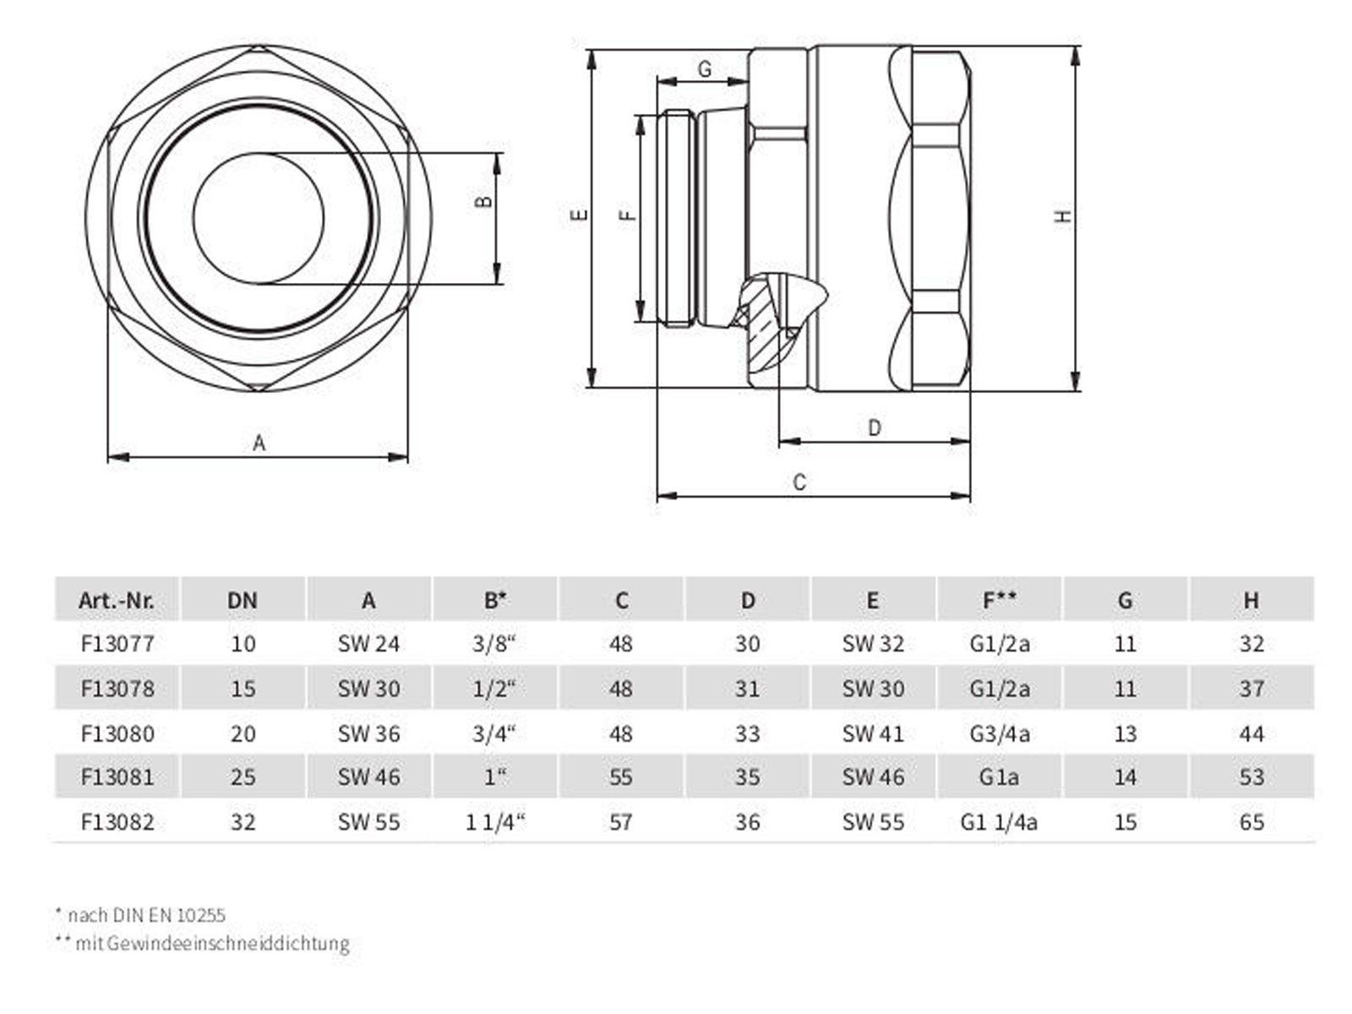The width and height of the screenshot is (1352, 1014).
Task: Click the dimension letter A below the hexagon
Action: coord(259,442)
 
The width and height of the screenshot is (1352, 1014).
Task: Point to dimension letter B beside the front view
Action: coord(485,201)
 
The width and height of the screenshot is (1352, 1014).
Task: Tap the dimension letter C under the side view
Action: coord(799,482)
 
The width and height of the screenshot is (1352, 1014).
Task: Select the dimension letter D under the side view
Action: coord(874,428)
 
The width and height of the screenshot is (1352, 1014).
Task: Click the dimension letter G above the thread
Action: coord(705,69)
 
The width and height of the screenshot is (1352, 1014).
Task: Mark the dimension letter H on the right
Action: coord(1063,216)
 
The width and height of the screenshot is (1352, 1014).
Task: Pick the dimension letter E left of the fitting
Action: coord(579,215)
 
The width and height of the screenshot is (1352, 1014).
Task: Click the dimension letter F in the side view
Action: coord(627,215)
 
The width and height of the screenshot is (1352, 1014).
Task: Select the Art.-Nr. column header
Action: coord(117,600)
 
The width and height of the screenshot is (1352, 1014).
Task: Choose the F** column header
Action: coord(999,599)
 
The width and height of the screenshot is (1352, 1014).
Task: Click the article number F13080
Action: coord(117,733)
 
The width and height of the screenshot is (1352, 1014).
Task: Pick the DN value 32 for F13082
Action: coord(243,822)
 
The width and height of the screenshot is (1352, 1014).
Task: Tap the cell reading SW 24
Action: coord(368,644)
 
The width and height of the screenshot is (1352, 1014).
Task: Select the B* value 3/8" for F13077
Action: coord(494,643)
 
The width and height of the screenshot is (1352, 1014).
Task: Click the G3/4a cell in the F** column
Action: coord(999,733)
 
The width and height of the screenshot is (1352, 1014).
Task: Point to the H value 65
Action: coord(1251,822)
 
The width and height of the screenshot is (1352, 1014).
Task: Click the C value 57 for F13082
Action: coord(620,822)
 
